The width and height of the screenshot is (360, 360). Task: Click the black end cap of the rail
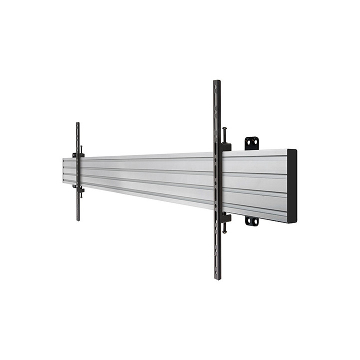[x=291, y=185]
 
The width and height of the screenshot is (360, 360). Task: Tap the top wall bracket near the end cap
[x=251, y=143]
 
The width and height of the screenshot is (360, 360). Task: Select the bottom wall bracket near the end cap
[x=251, y=220]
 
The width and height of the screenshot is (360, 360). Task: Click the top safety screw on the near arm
[x=225, y=134]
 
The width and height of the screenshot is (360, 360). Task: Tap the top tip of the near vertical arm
[x=216, y=82]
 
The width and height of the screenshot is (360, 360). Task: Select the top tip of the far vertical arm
[x=77, y=124]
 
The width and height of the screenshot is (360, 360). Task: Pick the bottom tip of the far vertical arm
[x=78, y=218]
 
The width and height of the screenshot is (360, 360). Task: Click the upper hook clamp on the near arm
[x=225, y=147]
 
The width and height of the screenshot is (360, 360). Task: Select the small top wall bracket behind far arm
[x=74, y=155]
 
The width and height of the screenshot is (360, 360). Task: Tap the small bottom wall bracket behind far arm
[x=74, y=186]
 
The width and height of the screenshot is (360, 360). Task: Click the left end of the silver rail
[x=64, y=170]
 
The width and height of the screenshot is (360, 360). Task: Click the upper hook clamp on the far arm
[x=81, y=155]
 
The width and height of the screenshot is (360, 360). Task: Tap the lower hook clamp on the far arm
[x=81, y=188]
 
